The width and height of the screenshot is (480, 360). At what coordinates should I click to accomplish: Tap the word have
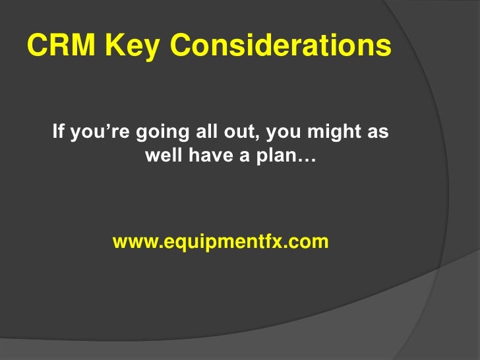tap(205, 158)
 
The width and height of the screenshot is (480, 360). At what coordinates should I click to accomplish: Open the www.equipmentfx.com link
tap(220, 243)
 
